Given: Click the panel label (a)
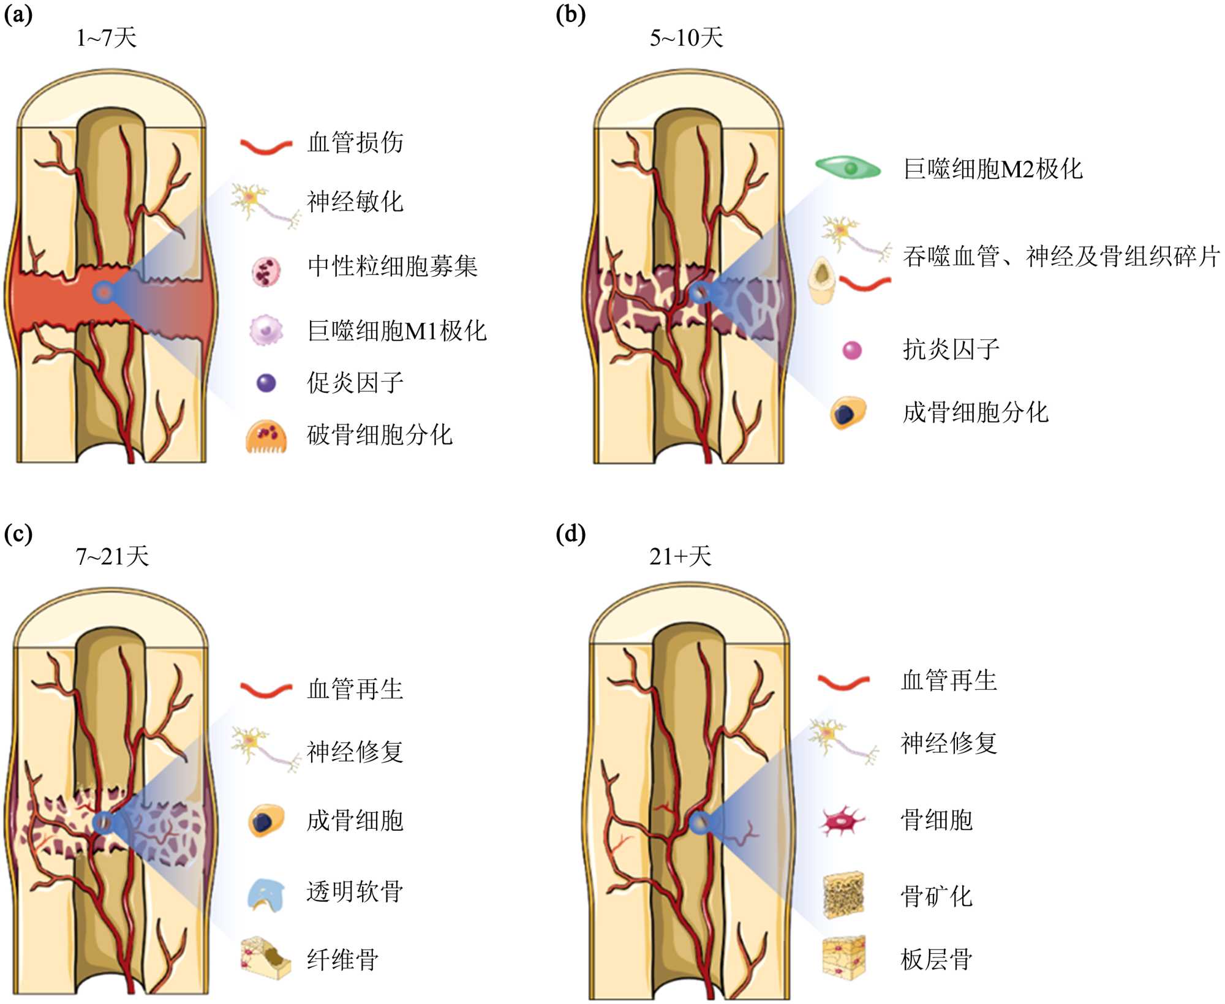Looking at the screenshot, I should coord(18,14).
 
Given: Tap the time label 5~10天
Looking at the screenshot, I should coord(686,38).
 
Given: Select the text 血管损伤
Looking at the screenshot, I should coord(355,143).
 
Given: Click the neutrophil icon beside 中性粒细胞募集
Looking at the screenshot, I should coord(266,271).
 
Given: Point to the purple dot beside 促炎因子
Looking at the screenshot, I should coord(266,383).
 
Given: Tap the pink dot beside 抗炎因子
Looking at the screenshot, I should coord(852,350).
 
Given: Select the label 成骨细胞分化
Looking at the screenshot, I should coord(975,412).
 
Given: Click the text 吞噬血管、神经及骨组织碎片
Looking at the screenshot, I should coord(1061,256).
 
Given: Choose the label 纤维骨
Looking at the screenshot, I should coord(342,959).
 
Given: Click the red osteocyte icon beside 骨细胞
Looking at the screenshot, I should coord(843,820).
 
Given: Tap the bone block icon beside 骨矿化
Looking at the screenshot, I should coord(843,895).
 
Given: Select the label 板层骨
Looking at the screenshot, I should coord(937,959).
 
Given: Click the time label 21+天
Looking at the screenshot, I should coord(680,556).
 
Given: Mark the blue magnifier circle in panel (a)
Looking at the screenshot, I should coord(104,292).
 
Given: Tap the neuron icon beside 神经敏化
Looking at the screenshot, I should coord(265,205).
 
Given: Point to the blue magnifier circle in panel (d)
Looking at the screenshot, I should coord(699,823).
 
